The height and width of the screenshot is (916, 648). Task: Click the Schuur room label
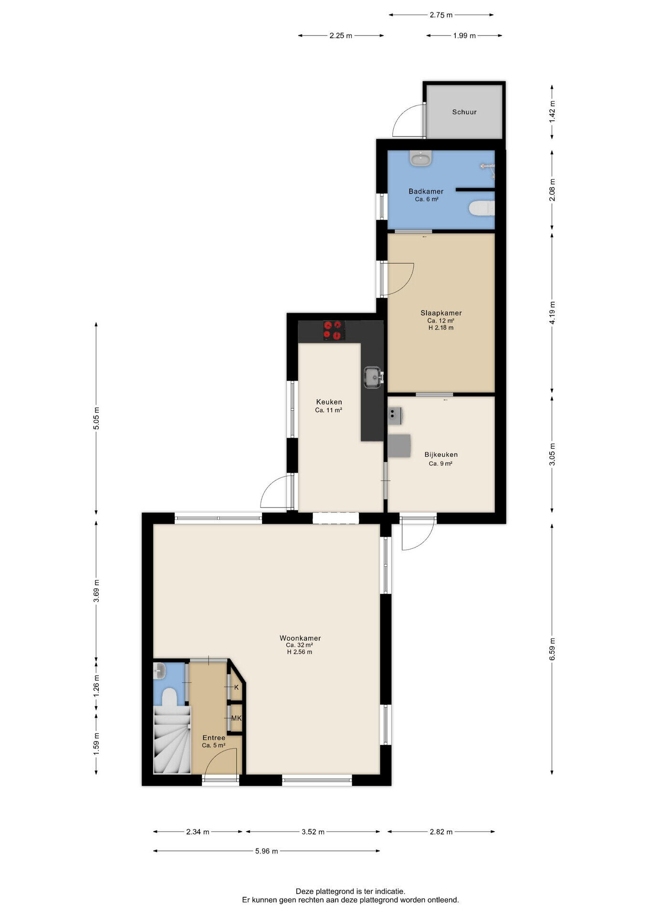click(x=464, y=112)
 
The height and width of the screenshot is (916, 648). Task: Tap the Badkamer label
click(x=426, y=191)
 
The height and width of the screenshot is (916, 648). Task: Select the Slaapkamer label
click(x=441, y=313)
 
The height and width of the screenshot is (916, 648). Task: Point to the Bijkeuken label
click(x=441, y=455)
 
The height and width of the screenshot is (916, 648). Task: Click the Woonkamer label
click(x=300, y=638)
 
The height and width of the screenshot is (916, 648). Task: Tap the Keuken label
click(x=329, y=402)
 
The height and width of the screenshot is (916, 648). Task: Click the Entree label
click(x=214, y=738)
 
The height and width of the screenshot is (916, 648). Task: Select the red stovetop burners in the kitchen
click(x=334, y=331)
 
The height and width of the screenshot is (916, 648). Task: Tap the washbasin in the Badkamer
click(x=420, y=158)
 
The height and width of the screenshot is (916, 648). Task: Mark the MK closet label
click(x=236, y=718)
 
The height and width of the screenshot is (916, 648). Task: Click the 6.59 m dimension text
click(x=552, y=649)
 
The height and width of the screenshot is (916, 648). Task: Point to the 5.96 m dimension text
click(x=266, y=851)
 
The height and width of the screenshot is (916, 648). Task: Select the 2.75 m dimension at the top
click(x=441, y=15)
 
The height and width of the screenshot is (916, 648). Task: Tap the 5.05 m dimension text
click(x=96, y=418)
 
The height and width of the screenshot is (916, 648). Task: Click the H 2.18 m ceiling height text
click(x=441, y=328)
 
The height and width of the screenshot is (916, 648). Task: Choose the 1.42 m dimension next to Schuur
click(x=552, y=112)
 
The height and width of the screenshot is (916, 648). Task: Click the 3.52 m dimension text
click(x=313, y=832)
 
